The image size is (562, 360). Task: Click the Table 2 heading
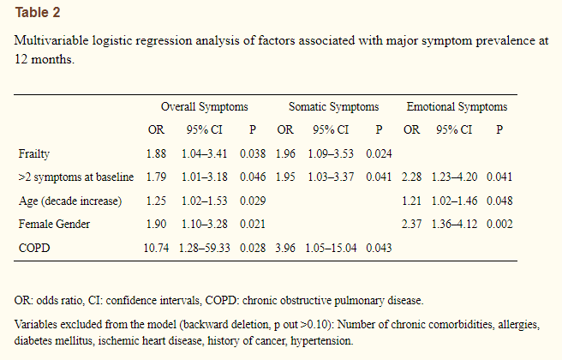tap(38, 13)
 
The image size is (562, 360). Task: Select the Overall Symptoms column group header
tap(204, 107)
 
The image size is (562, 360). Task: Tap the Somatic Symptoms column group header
tap(334, 107)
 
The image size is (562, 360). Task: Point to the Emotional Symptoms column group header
tap(457, 107)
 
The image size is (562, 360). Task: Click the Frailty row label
tap(34, 154)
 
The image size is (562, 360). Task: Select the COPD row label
tap(34, 248)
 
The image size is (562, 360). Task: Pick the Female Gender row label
tap(54, 224)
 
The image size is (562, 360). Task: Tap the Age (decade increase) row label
tap(70, 201)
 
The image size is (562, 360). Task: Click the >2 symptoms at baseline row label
tap(76, 177)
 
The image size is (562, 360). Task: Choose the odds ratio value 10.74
tap(156, 248)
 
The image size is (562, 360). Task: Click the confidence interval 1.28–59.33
tap(204, 248)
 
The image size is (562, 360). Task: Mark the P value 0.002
tap(499, 224)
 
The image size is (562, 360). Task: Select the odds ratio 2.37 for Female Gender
tap(411, 224)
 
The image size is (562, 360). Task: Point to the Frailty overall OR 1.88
tap(156, 153)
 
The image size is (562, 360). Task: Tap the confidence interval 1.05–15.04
tap(331, 248)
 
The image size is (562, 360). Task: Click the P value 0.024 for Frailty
tap(379, 153)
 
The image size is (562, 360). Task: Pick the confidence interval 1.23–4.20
tap(454, 177)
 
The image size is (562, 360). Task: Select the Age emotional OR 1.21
tap(411, 201)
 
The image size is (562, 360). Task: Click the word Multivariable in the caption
tap(51, 40)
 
